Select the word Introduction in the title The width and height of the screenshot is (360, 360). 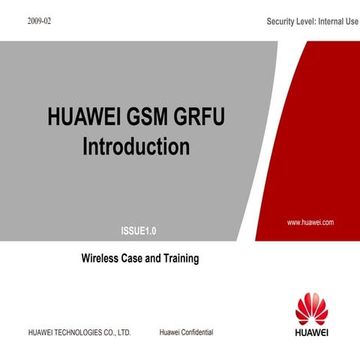tap(136, 145)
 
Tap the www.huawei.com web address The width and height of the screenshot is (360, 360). tap(310, 223)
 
